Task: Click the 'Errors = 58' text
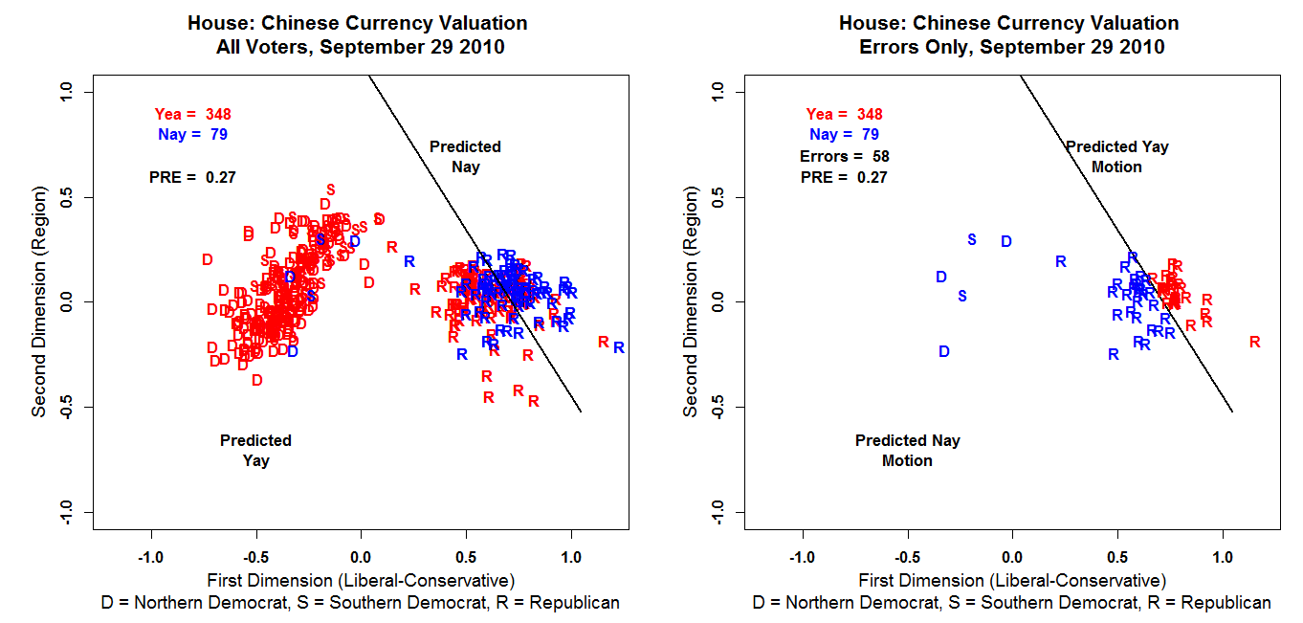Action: pos(845,156)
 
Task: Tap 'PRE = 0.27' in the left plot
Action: pos(192,177)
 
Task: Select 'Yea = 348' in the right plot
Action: pos(844,114)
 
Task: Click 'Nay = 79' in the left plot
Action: pos(192,135)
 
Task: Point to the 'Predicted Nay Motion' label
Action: pos(907,451)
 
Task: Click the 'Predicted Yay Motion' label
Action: pos(1116,157)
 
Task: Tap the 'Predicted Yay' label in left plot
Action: pos(255,451)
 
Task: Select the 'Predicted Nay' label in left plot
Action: pos(465,157)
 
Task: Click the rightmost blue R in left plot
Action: pos(619,348)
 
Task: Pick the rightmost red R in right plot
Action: pos(1255,342)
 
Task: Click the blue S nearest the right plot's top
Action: pos(972,239)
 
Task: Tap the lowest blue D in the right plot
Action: pos(944,352)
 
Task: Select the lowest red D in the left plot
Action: pos(256,380)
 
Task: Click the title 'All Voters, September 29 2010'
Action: pos(361,47)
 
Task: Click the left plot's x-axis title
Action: pos(361,581)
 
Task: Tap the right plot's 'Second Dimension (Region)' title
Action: pos(691,301)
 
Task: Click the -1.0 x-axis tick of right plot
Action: pos(802,556)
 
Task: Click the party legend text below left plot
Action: pos(361,603)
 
